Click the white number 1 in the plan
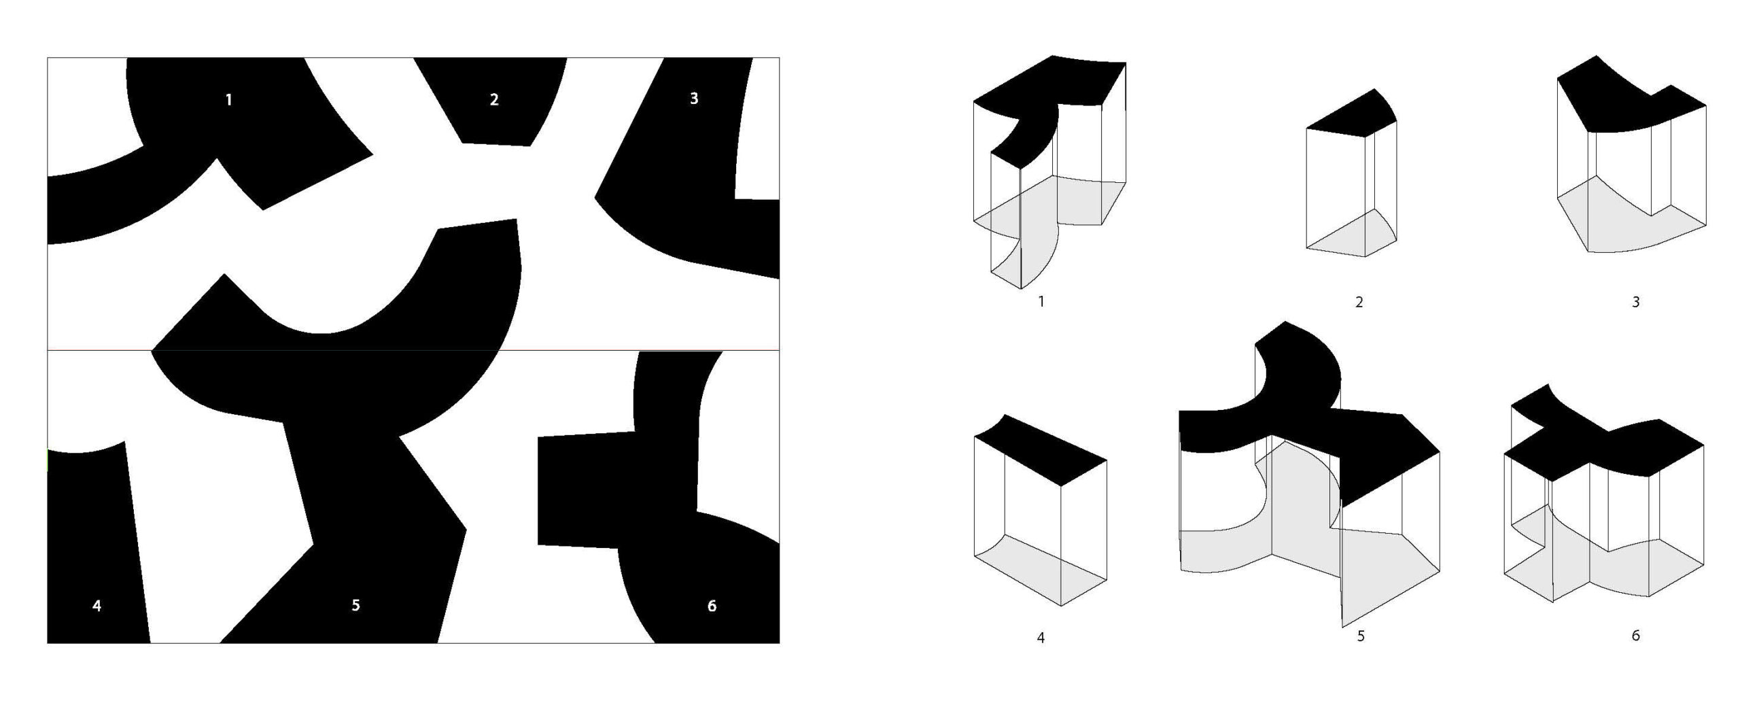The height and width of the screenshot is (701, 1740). point(228,100)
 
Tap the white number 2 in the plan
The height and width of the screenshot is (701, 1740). point(494,99)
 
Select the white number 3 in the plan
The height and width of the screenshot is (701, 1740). point(693,99)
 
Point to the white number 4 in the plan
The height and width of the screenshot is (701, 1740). point(97,606)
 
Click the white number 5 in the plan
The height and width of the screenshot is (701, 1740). point(355,605)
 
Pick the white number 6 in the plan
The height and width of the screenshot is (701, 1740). point(712,606)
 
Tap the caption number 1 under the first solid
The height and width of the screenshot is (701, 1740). point(1041,301)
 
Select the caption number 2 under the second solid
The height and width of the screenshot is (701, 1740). point(1359,302)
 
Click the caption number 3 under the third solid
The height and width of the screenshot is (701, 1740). point(1635,302)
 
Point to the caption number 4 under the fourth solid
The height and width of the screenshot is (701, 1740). point(1041,638)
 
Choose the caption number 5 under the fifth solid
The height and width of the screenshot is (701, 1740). point(1361,636)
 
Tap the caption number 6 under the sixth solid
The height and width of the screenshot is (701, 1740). point(1635,635)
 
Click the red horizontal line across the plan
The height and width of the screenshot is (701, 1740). point(413,350)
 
